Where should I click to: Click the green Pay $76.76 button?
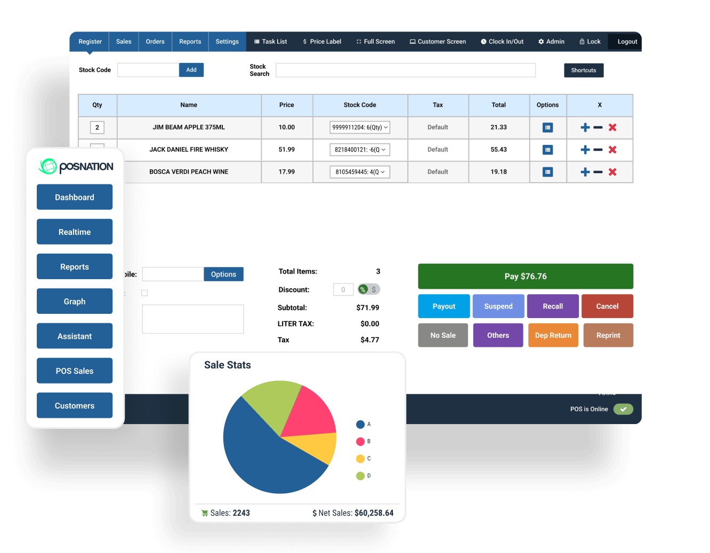[x=525, y=276]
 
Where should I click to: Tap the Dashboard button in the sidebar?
[x=75, y=197]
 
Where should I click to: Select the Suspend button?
[x=498, y=306]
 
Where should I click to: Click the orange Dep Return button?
[x=553, y=335]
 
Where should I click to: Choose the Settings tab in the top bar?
[x=227, y=42]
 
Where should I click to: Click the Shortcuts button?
[x=583, y=70]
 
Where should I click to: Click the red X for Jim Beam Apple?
[x=612, y=127]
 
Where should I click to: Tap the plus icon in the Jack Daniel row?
[x=585, y=150]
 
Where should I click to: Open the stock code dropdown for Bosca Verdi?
[x=360, y=172]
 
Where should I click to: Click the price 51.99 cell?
[x=286, y=150]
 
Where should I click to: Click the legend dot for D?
[x=360, y=476]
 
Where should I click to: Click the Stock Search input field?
[x=405, y=70]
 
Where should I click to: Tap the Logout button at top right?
[x=627, y=42]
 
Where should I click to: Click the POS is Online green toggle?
[x=623, y=409]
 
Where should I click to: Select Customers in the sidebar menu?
[x=75, y=405]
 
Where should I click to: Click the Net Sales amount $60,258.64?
[x=374, y=513]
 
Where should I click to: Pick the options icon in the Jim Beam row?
[x=547, y=127]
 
